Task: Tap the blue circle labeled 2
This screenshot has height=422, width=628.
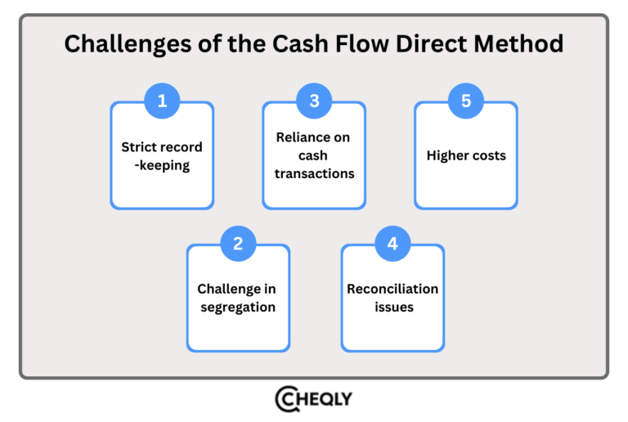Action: (x=238, y=243)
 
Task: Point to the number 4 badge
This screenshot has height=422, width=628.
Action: (x=392, y=243)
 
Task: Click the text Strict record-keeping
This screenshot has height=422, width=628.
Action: (x=162, y=155)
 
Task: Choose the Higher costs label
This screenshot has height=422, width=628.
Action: (x=466, y=155)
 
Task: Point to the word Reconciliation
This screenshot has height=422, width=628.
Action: (x=392, y=289)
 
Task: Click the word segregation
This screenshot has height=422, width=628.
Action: (x=238, y=308)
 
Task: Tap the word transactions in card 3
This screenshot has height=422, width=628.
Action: (x=314, y=174)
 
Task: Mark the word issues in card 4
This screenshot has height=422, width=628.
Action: (x=392, y=308)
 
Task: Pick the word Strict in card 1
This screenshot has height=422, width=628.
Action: (x=140, y=147)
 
